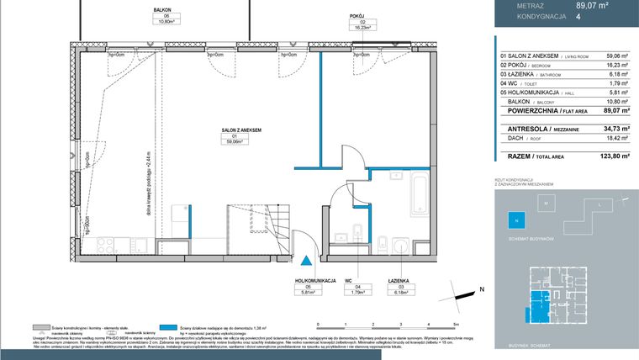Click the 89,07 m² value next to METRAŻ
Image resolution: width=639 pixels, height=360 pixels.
[591, 5]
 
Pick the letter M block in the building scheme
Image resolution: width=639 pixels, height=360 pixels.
[545, 204]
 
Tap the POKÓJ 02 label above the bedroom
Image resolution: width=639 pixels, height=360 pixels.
[356, 20]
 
